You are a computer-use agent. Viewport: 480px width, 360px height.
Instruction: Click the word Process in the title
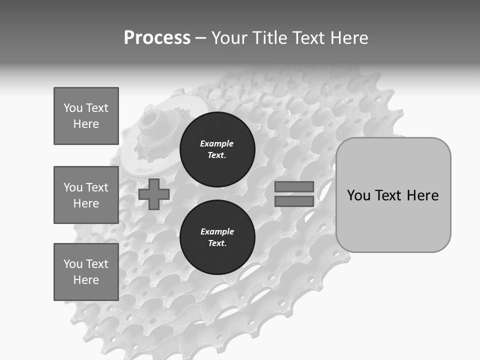(x=157, y=38)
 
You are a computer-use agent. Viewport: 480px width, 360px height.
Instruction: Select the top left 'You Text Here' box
(x=86, y=116)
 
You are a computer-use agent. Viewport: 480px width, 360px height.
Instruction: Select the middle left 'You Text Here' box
(x=86, y=195)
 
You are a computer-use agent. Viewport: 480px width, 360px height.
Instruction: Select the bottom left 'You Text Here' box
(x=86, y=272)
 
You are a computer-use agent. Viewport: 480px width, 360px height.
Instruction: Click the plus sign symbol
(x=154, y=194)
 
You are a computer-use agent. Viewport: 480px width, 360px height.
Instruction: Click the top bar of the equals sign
(x=294, y=187)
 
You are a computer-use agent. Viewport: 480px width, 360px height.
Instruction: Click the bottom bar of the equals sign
(x=294, y=201)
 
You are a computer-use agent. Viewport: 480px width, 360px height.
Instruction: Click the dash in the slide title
(x=200, y=38)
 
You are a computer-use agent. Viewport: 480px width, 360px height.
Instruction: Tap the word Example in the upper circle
(x=217, y=143)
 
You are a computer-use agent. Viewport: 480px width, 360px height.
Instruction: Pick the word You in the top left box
(x=72, y=108)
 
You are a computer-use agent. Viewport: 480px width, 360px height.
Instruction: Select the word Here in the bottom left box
(x=86, y=280)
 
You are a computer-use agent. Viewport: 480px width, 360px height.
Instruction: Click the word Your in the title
(x=230, y=38)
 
